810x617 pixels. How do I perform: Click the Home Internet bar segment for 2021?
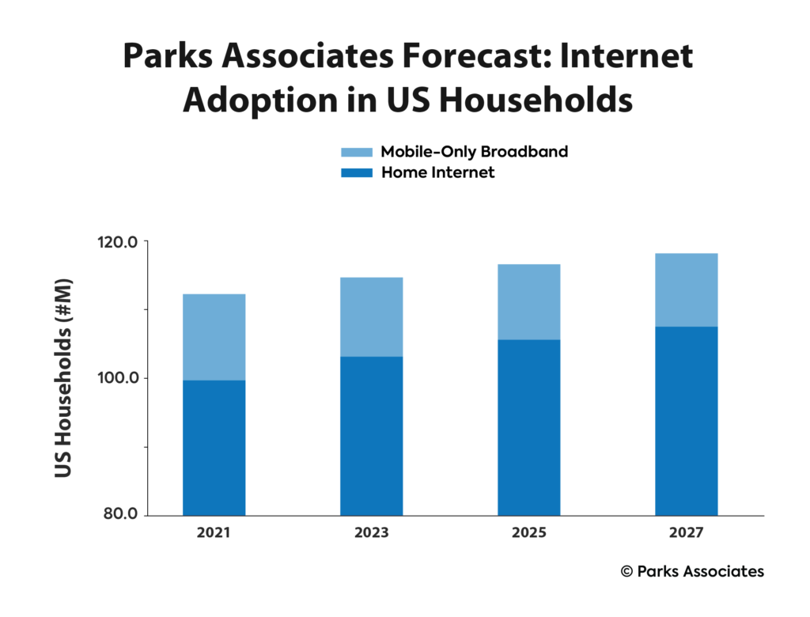click(214, 448)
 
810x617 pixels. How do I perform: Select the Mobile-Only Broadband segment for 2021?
click(214, 337)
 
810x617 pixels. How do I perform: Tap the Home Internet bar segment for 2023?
click(371, 436)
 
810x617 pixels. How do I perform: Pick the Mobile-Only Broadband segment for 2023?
click(371, 316)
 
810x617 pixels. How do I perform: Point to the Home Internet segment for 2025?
click(528, 427)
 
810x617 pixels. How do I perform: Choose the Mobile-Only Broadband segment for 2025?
click(528, 301)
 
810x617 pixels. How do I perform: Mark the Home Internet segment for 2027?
click(686, 421)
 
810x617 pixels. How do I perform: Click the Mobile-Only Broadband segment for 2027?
click(686, 290)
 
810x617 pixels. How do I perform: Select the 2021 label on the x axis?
click(214, 533)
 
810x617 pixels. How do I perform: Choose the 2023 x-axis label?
click(371, 533)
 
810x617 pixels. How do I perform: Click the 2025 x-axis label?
click(528, 533)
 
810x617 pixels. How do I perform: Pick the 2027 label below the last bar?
click(686, 533)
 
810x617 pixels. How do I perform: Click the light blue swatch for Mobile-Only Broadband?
click(356, 152)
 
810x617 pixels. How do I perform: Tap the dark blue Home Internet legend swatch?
click(356, 172)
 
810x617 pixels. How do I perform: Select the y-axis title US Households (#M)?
click(63, 378)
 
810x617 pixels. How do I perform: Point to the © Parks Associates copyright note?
click(692, 571)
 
